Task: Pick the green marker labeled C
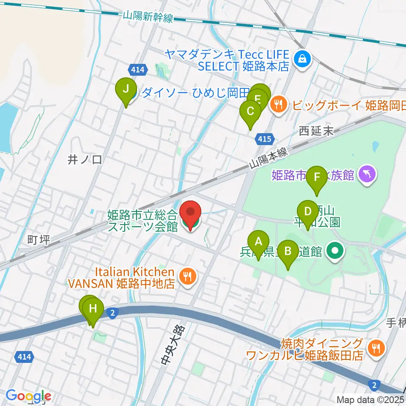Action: tap(250, 112)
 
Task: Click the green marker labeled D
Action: tap(307, 211)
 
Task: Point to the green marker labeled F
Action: tap(317, 178)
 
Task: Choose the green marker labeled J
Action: tap(126, 89)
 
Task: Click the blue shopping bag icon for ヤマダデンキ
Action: tap(303, 59)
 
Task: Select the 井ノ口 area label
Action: tap(85, 159)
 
